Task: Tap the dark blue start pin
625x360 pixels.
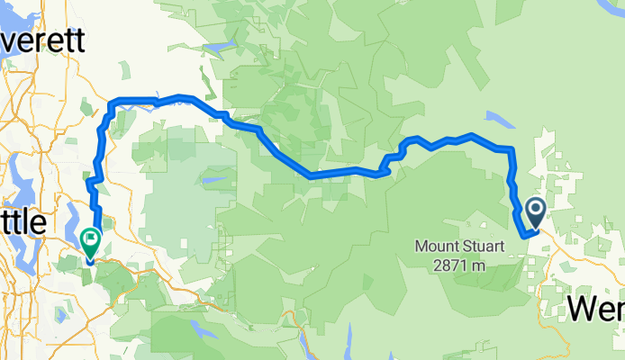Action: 534,213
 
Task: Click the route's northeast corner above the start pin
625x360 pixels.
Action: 512,148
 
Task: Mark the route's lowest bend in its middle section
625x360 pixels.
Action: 311,175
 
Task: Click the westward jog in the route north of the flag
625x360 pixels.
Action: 88,183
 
